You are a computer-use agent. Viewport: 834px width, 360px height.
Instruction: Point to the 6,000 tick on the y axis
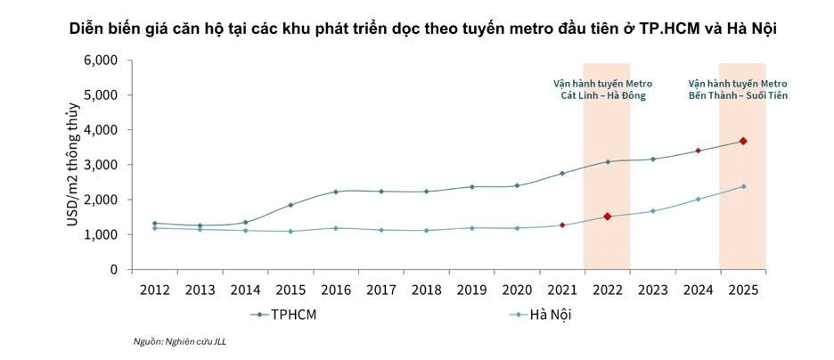pyautogui.click(x=101, y=61)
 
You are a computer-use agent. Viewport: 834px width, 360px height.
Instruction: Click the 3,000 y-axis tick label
pyautogui.click(x=101, y=165)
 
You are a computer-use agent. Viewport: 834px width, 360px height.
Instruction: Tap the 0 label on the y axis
pyautogui.click(x=114, y=269)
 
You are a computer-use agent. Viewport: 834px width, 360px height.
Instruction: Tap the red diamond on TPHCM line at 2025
pyautogui.click(x=742, y=141)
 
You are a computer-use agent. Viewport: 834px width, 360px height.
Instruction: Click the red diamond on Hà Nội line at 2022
pyautogui.click(x=607, y=217)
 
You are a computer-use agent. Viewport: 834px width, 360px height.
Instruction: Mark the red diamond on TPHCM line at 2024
pyautogui.click(x=698, y=151)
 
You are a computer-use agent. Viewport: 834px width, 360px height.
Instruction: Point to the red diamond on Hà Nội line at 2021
pyautogui.click(x=561, y=225)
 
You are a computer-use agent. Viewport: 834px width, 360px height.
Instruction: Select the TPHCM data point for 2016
pyautogui.click(x=335, y=192)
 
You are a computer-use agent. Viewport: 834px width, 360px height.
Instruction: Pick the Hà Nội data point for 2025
pyautogui.click(x=742, y=186)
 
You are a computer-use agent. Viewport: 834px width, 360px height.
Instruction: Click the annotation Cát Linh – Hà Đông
pyautogui.click(x=606, y=95)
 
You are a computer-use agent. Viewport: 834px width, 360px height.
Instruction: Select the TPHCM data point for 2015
pyautogui.click(x=290, y=205)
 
